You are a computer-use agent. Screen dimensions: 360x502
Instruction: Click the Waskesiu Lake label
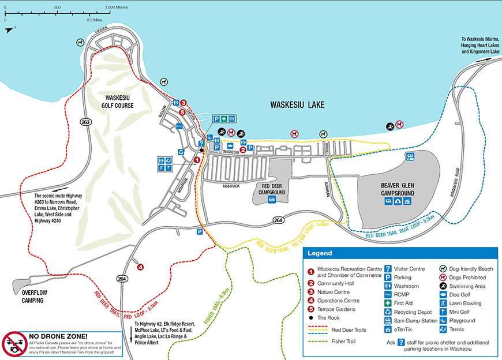point(297,105)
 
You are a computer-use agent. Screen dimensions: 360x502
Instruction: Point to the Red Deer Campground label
point(271,189)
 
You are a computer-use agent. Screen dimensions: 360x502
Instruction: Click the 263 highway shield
point(86,122)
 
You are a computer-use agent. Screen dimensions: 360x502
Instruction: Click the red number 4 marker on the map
point(140,266)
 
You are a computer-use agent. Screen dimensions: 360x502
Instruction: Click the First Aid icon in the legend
point(389,303)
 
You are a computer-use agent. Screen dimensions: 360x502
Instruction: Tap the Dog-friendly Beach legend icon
point(443,268)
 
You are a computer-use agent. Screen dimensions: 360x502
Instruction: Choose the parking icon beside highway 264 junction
point(199,232)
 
